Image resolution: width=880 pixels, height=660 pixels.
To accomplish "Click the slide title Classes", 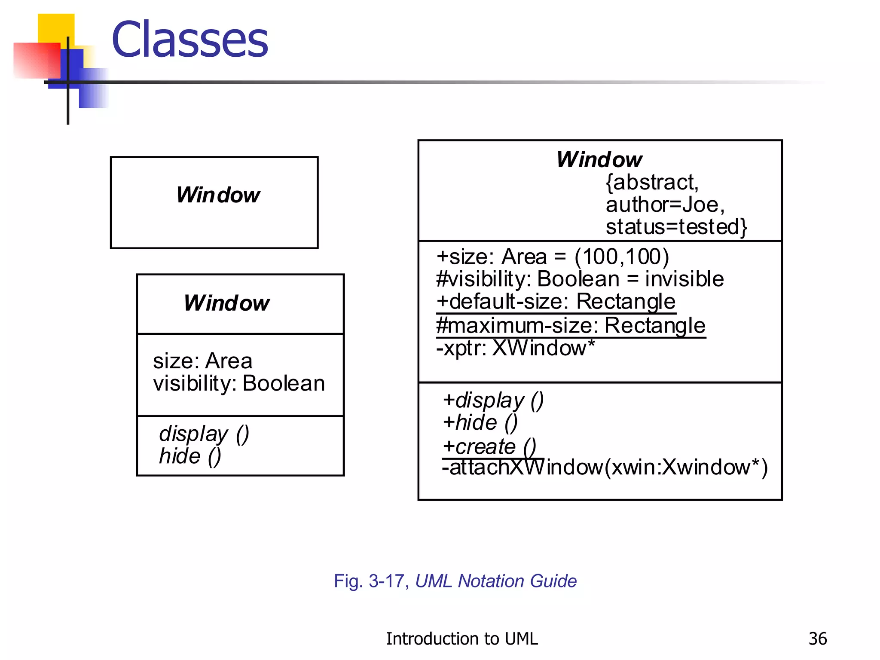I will pos(189,40).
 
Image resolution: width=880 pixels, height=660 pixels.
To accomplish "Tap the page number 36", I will pos(817,639).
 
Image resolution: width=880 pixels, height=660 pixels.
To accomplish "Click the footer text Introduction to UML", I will pos(461,639).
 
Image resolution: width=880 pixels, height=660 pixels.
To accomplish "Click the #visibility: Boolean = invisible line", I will pos(580,279).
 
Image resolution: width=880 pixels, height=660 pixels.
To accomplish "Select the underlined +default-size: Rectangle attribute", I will pos(556,302).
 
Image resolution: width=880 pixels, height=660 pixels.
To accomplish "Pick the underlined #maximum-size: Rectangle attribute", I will pos(571,325).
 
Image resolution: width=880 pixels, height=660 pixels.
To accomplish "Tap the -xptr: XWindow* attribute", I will pos(515,348).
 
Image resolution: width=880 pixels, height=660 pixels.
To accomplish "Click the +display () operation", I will pos(493,400).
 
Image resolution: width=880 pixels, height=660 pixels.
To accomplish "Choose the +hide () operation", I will pos(480,422).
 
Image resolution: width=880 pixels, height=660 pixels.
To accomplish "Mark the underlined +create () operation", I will pos(489,446).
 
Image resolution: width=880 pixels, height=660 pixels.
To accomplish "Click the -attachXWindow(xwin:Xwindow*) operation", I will pos(605,467).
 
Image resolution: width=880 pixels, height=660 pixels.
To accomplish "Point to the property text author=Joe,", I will pos(665,205).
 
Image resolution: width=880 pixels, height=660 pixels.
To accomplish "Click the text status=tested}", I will pos(676,227).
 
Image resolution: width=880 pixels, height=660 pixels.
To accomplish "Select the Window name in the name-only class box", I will pos(218,195).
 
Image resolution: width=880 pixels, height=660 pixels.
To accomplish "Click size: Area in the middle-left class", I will pos(202,361).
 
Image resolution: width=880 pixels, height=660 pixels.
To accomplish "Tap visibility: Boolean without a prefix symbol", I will pos(239,383).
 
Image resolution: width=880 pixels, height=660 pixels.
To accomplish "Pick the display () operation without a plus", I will pos(204,434).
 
